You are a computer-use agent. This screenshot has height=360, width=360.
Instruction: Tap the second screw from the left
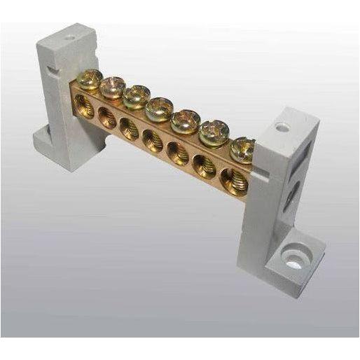pyautogui.click(x=112, y=87)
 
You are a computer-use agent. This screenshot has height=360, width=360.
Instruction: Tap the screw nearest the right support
pyautogui.click(x=242, y=147)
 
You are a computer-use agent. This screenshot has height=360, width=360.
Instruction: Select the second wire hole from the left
pyautogui.click(x=107, y=118)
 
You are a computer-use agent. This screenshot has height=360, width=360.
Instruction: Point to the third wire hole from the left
pyautogui.click(x=129, y=128)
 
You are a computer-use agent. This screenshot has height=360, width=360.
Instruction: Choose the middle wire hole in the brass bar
pyautogui.click(x=153, y=139)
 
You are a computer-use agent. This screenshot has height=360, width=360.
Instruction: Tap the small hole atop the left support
pyautogui.click(x=69, y=33)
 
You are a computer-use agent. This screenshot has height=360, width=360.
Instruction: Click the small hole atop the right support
pyautogui.click(x=282, y=127)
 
